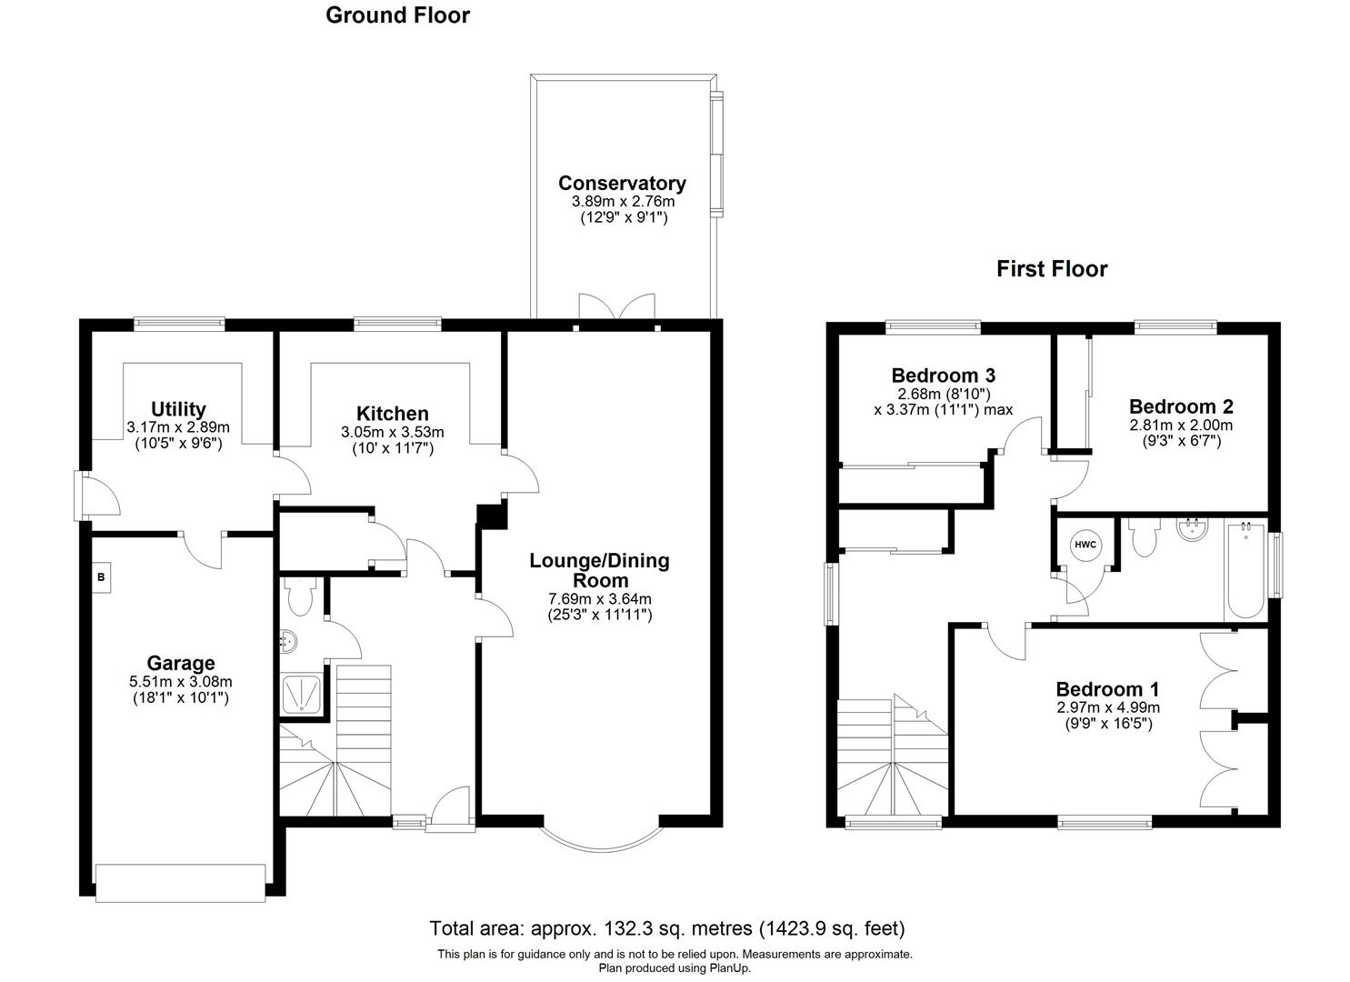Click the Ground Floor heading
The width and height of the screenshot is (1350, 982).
point(397,15)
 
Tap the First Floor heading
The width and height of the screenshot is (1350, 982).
point(1052,269)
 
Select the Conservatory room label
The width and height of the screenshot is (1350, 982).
point(622,184)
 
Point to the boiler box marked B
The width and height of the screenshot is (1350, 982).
point(102,577)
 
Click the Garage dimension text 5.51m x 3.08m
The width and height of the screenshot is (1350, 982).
point(180,681)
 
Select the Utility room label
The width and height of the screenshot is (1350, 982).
point(178,409)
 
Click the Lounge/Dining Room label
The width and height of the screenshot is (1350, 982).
point(599,570)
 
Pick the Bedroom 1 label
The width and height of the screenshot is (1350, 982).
point(1106,689)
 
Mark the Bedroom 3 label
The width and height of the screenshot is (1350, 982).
point(943,376)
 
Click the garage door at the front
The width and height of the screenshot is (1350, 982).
point(180,882)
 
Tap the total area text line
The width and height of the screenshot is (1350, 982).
point(666,928)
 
